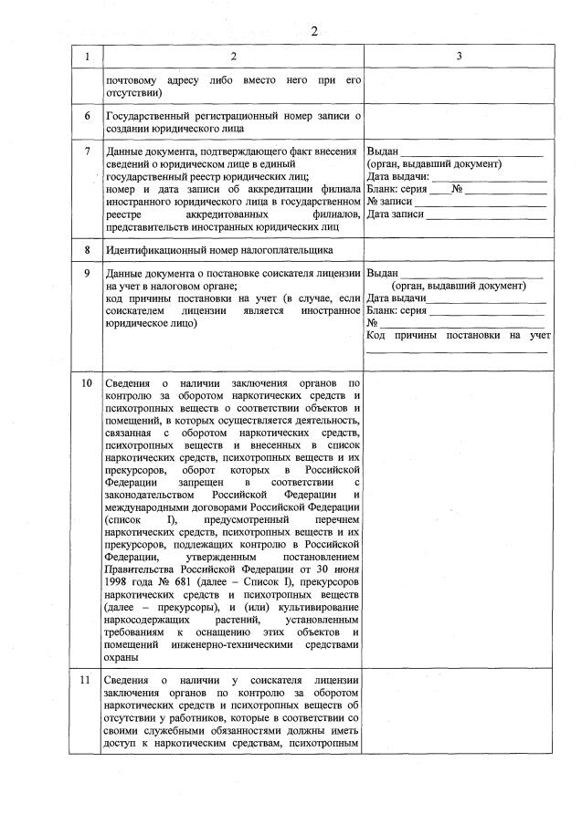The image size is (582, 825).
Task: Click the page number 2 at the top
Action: (x=313, y=32)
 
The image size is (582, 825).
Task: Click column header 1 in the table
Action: (x=87, y=57)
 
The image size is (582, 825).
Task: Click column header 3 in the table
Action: (x=460, y=57)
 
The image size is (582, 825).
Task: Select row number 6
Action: (x=87, y=116)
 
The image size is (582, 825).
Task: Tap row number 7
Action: (x=87, y=151)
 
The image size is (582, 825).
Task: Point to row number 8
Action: (x=87, y=249)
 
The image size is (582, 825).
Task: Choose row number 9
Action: (x=87, y=273)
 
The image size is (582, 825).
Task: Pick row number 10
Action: (x=87, y=382)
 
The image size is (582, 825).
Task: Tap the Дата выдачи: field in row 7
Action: (x=488, y=176)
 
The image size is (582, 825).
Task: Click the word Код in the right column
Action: (x=376, y=335)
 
